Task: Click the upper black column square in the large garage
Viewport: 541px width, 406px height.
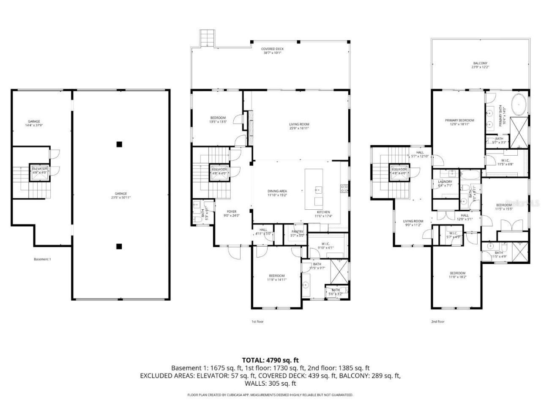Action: pos(120,144)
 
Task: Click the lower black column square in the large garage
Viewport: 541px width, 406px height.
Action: pos(120,246)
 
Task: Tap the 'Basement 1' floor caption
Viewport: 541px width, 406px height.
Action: pos(42,259)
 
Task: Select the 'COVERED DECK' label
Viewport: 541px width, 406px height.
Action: pos(272,49)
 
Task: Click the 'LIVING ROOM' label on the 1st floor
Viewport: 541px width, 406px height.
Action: pos(299,124)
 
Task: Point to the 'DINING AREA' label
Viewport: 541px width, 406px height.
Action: pos(277,191)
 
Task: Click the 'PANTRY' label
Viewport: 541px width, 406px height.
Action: pos(298,231)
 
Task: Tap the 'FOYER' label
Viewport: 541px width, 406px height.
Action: pos(231,211)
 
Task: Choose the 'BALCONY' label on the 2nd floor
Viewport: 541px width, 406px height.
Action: pos(480,63)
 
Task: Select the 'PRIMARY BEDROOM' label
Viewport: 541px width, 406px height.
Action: pos(459,121)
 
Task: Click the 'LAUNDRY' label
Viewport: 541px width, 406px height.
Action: pos(445,182)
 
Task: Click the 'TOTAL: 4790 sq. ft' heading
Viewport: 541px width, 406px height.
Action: pos(270,360)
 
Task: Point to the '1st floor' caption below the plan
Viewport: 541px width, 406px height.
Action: pos(257,321)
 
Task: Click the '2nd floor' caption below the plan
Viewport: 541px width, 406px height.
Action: pos(437,321)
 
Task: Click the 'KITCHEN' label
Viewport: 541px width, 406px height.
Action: pos(323,212)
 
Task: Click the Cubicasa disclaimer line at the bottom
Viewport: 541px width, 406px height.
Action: pos(270,395)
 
